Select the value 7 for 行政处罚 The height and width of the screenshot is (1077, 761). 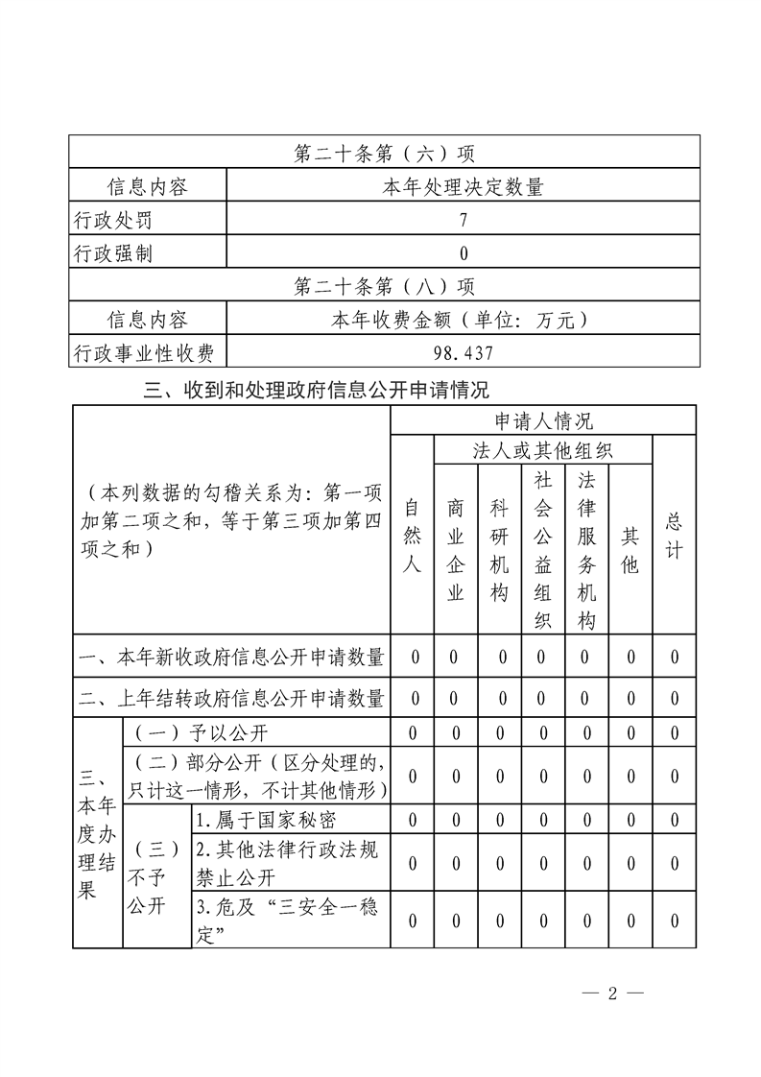pos(464,220)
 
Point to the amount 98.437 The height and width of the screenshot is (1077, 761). pos(464,353)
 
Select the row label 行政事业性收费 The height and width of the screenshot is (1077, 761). pos(144,353)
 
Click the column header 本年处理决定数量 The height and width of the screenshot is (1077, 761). pos(464,186)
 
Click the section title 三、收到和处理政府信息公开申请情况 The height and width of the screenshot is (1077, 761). pos(317,390)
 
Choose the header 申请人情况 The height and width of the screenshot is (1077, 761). pos(543,420)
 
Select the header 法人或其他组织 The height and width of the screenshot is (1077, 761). pos(543,450)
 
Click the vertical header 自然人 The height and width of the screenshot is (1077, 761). pos(413,536)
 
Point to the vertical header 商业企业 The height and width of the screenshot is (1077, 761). pos(456,550)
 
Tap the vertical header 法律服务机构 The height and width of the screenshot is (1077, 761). pos(587,550)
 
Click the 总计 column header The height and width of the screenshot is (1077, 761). pos(675,536)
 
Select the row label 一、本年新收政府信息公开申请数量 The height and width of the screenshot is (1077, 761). pos(231,658)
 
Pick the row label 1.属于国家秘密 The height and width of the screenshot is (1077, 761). pos(266,820)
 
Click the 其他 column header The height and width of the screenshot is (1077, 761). pos(630,550)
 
